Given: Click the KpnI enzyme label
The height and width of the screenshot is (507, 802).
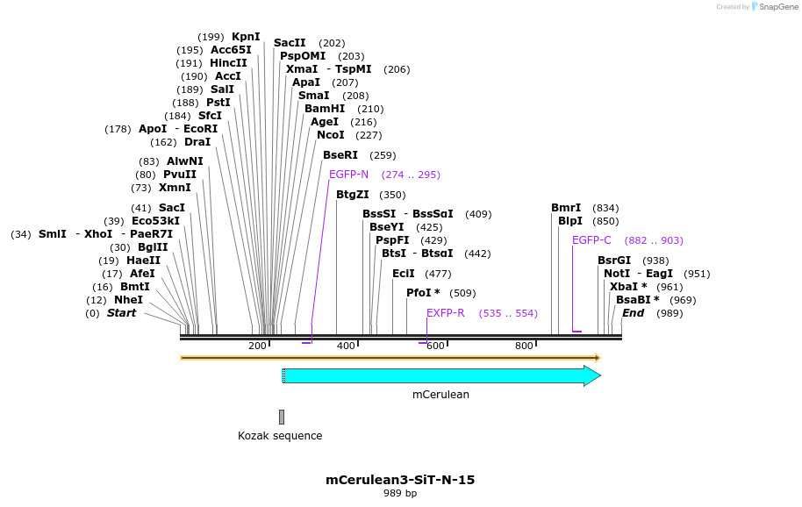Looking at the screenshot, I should click(246, 37).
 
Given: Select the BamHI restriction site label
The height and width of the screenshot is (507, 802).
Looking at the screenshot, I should click(325, 109).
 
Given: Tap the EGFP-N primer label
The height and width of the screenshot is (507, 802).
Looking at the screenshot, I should click(348, 175).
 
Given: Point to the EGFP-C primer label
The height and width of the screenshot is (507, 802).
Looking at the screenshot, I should click(591, 240).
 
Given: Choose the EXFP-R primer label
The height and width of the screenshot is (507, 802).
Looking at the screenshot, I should click(446, 313).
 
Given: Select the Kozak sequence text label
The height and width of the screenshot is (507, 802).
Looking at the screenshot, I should click(280, 436).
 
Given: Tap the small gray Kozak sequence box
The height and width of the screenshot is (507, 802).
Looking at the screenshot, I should click(282, 417).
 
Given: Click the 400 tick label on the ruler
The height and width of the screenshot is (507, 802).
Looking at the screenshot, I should click(346, 346).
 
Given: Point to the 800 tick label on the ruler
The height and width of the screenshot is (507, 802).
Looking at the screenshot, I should click(524, 346).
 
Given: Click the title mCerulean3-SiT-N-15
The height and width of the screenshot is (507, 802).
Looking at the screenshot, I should click(400, 480).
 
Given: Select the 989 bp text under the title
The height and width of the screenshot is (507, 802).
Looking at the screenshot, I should click(400, 494).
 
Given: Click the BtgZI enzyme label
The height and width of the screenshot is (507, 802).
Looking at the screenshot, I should click(353, 195).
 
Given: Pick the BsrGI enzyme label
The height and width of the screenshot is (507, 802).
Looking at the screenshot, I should click(614, 261).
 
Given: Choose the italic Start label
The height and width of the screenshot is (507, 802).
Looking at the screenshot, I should click(122, 313).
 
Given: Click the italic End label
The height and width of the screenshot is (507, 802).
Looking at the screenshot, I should click(633, 313).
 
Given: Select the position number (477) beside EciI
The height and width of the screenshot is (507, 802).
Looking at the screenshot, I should click(438, 274).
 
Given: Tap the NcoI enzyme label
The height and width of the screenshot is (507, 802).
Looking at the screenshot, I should click(331, 135).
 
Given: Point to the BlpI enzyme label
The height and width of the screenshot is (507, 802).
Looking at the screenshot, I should click(569, 221).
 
